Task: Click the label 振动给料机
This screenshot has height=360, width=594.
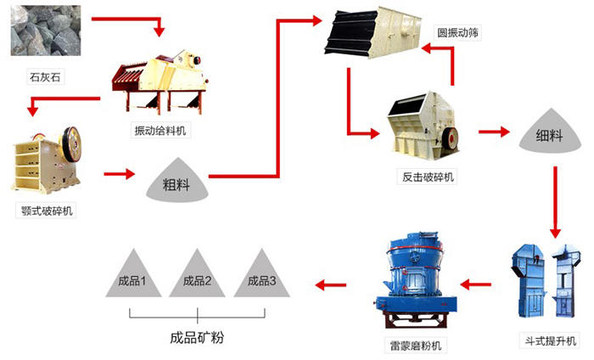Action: point(162,130)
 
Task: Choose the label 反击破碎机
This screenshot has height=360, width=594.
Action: point(429,177)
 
